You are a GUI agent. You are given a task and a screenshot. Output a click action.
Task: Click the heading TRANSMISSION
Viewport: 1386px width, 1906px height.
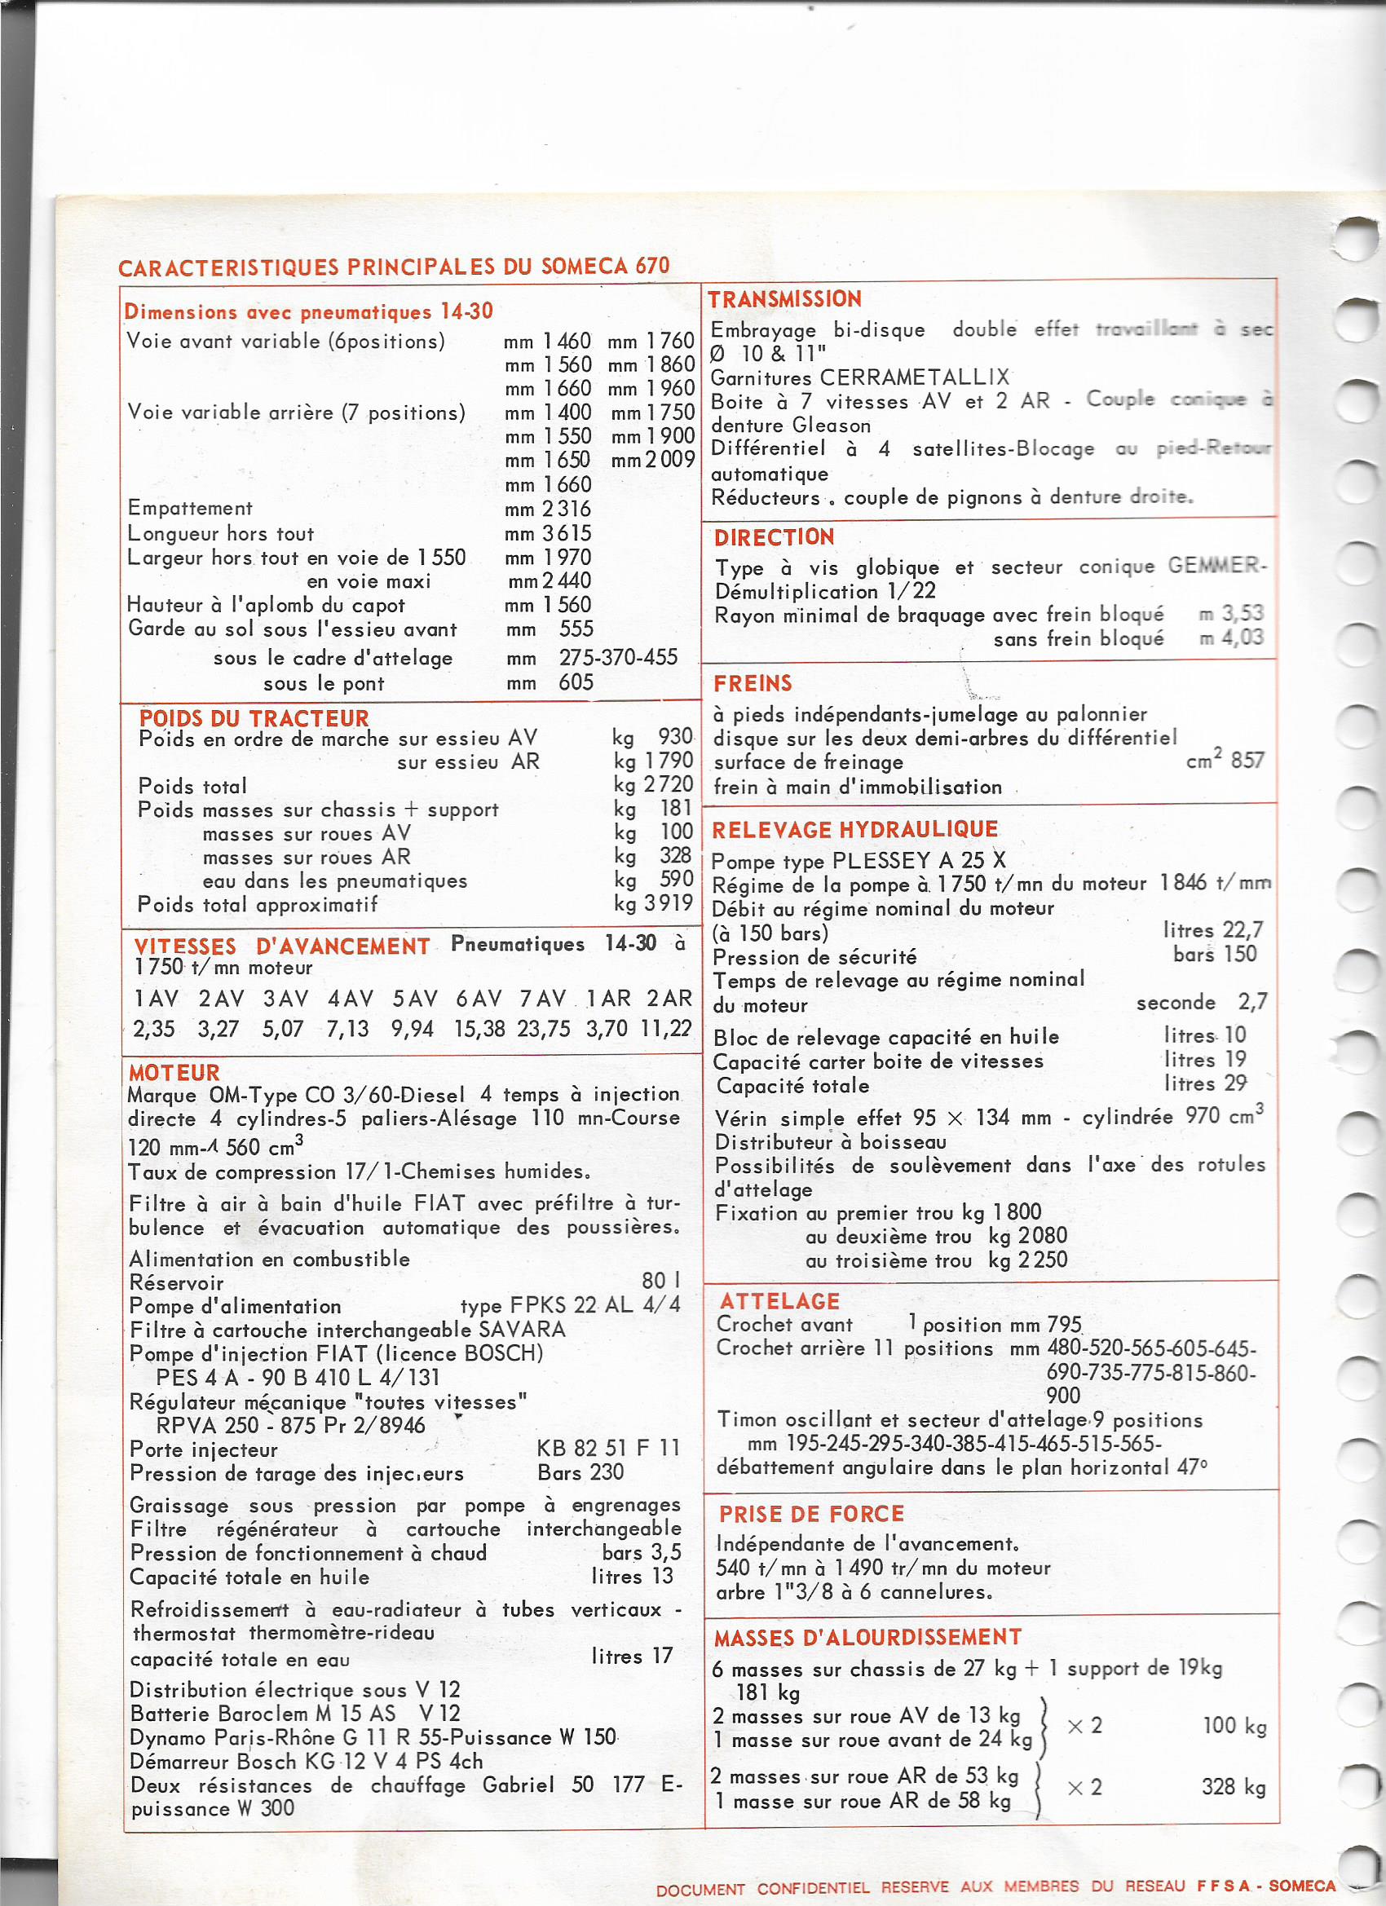click(784, 299)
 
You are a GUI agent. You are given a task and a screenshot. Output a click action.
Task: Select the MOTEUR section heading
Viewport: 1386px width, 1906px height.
click(174, 1072)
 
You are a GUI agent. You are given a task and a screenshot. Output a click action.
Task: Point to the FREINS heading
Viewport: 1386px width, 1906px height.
click(753, 683)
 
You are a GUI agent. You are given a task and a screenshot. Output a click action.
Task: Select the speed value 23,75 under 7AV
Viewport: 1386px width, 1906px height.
click(544, 1029)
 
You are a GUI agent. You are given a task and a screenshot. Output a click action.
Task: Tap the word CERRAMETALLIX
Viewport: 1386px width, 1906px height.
click(915, 377)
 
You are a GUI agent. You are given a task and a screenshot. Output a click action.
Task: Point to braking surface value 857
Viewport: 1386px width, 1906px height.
click(1247, 761)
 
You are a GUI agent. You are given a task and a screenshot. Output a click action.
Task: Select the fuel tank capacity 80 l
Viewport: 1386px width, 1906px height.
click(660, 1281)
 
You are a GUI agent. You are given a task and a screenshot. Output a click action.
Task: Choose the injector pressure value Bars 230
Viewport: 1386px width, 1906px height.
click(580, 1472)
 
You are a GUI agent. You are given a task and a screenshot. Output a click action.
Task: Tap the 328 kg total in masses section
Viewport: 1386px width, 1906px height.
click(1233, 1787)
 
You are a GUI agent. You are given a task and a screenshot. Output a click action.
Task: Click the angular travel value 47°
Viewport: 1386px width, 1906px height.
click(1193, 1467)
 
